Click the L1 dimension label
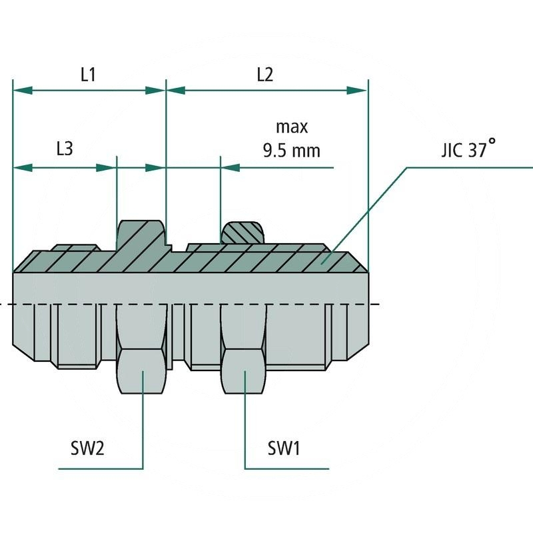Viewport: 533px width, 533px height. click(88, 75)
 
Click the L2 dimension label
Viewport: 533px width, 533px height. click(265, 75)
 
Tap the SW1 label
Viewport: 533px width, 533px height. click(284, 448)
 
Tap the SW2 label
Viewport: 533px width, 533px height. click(88, 448)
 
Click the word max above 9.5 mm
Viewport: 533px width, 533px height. click(292, 127)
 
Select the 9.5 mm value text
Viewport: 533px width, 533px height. click(292, 151)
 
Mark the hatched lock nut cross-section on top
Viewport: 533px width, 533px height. click(243, 233)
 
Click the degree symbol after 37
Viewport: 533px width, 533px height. click(492, 142)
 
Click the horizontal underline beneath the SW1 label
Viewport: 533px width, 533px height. click(286, 468)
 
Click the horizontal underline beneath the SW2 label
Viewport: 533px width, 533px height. click(100, 468)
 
